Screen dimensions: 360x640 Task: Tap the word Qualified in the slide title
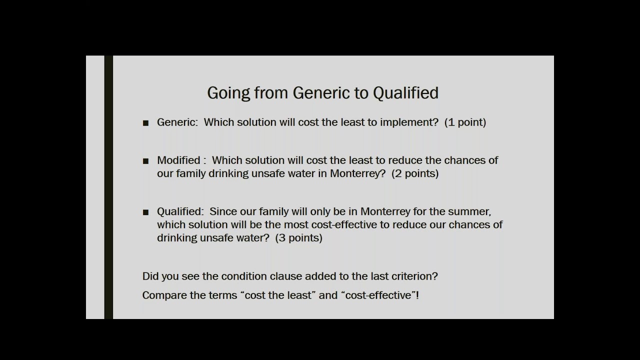click(x=405, y=93)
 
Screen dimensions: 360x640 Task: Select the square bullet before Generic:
click(x=145, y=123)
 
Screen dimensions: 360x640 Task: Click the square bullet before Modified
click(x=145, y=161)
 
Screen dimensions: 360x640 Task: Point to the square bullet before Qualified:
click(x=145, y=212)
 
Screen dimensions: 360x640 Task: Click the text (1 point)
click(x=465, y=122)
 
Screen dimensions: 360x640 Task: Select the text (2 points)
click(x=415, y=173)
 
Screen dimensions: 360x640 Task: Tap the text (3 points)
click(x=298, y=238)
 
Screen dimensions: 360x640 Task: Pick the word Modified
click(x=178, y=160)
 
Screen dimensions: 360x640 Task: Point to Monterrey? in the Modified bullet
click(x=358, y=173)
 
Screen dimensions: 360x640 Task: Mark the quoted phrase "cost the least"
click(x=278, y=295)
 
